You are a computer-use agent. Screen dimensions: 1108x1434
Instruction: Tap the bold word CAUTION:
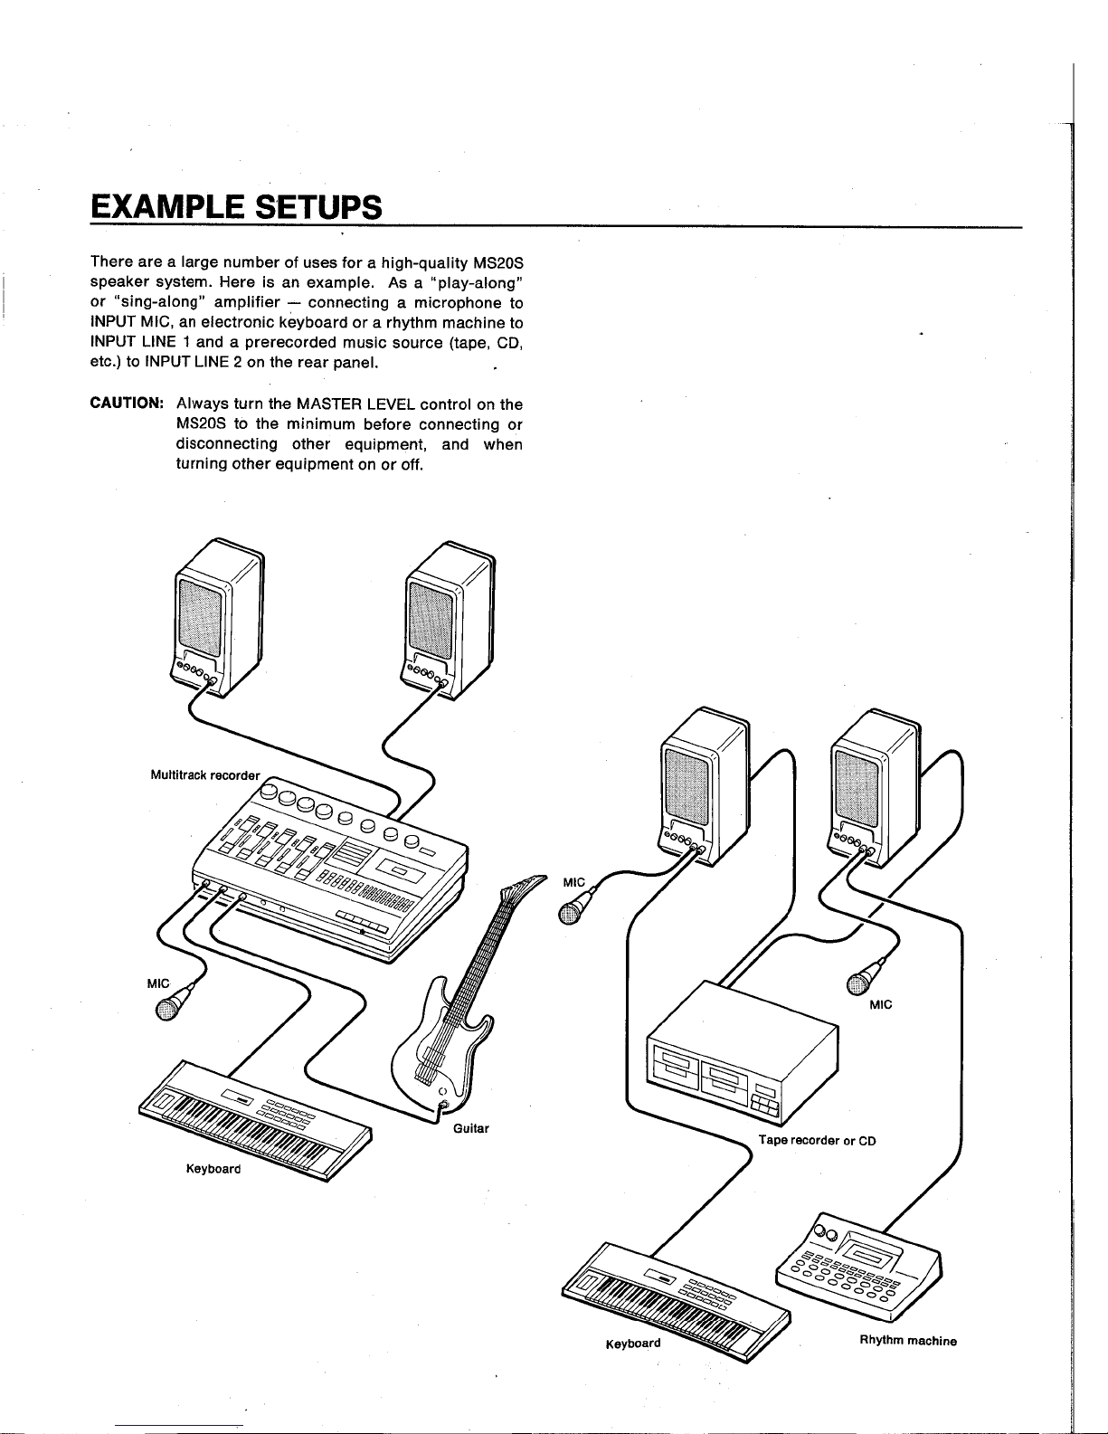coord(127,403)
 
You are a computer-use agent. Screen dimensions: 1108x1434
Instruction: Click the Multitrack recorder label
coord(205,775)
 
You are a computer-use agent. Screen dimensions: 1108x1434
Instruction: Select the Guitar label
coord(471,1128)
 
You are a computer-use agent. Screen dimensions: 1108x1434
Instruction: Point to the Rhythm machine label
coord(908,1340)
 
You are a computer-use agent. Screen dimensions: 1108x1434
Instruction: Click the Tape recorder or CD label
coord(817,1140)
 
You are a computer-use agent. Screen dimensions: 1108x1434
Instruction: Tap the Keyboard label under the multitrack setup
coord(213,1169)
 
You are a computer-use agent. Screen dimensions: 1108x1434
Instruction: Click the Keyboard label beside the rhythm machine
coord(632,1343)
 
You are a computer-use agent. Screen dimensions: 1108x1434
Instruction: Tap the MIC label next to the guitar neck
coord(573,882)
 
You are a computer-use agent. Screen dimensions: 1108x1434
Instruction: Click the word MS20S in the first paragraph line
coord(498,262)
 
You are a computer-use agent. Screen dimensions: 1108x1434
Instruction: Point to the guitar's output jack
coord(443,1104)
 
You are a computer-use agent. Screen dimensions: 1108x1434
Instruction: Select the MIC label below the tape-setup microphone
coord(880,1004)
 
